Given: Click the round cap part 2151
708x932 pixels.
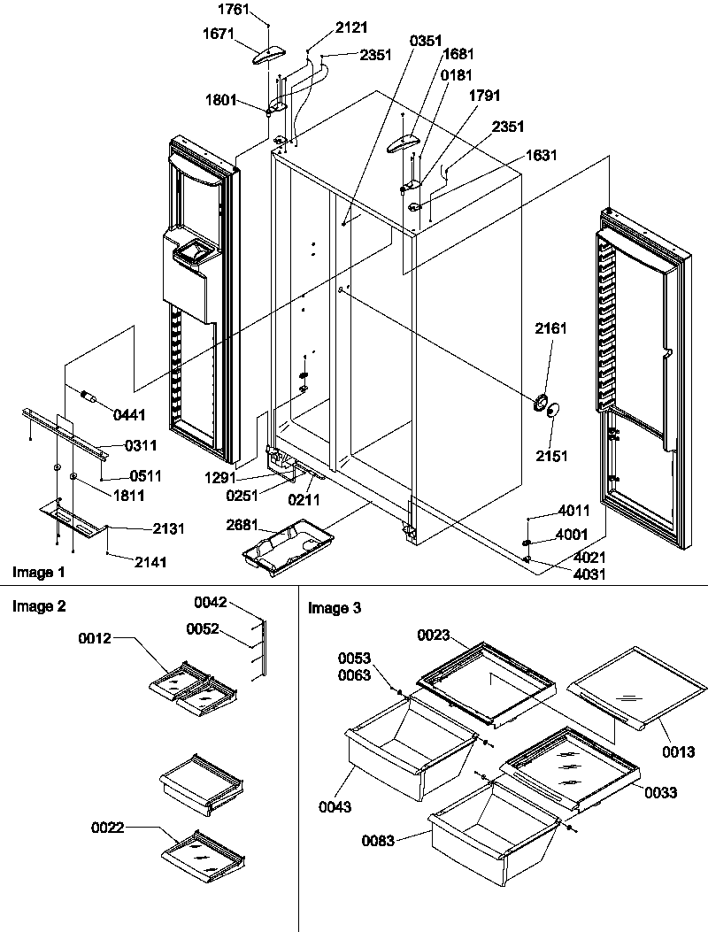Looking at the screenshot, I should (x=553, y=410).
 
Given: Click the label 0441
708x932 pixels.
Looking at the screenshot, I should (x=129, y=414).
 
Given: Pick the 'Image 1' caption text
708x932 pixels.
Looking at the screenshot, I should (x=37, y=573).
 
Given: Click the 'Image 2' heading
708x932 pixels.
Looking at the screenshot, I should (x=37, y=606).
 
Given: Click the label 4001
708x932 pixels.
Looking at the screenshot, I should (x=571, y=535).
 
